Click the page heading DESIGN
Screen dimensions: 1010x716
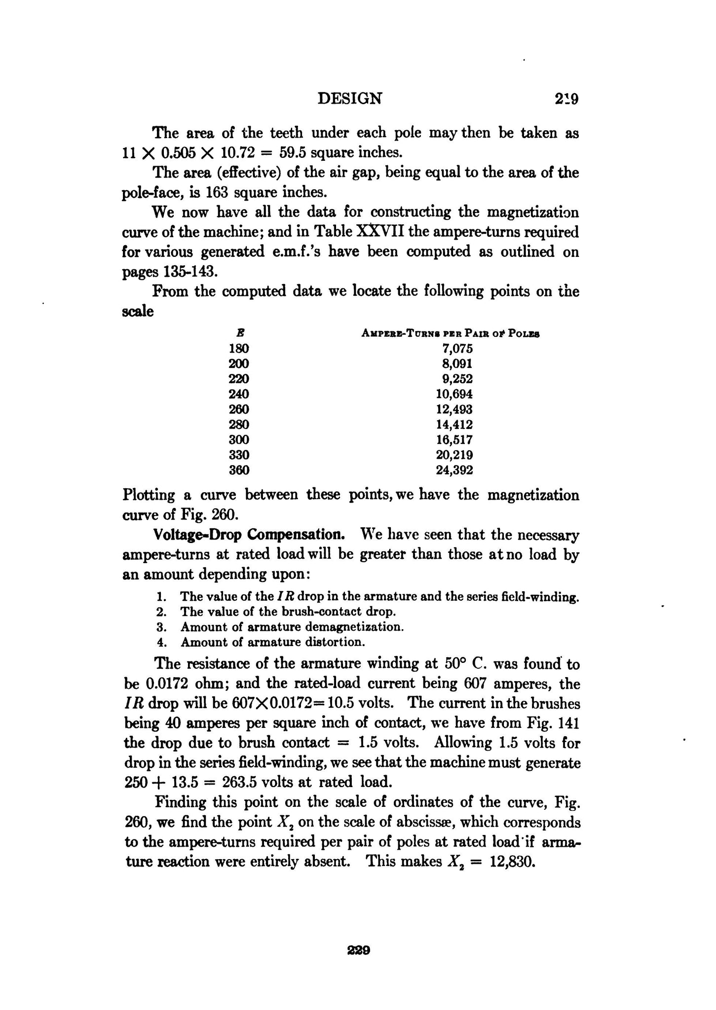coord(349,99)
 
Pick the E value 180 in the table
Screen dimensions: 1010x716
coord(239,349)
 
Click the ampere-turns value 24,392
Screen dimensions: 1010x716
coord(454,470)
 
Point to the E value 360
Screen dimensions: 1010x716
coord(239,470)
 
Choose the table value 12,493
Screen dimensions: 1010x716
coord(454,409)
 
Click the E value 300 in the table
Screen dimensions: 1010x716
coord(239,439)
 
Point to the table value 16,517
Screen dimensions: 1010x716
coord(454,439)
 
